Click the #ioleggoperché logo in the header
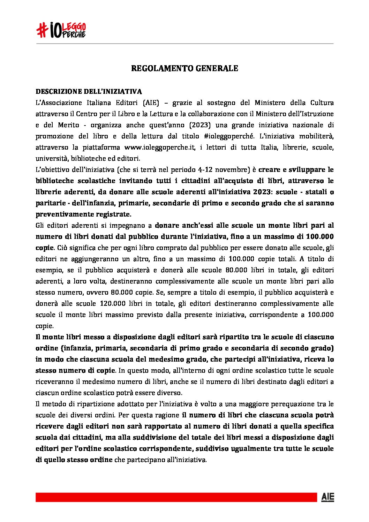pos(61,30)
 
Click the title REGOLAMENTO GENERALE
pos(184,68)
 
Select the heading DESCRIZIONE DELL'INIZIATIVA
pos(89,92)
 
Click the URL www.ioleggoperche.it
pos(159,147)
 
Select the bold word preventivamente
pos(62,214)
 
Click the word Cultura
pos(322,103)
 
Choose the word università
pos(51,158)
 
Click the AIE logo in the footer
pos(327,497)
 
